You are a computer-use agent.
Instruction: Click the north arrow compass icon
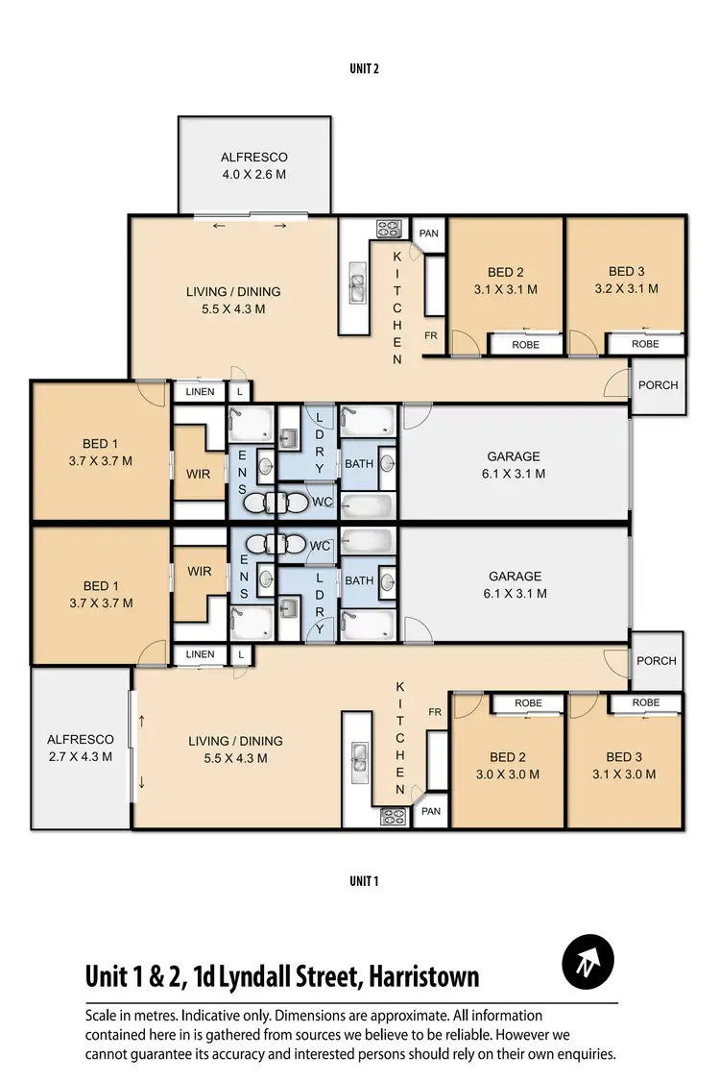[x=588, y=962]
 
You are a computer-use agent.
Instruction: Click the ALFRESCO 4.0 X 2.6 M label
[x=254, y=165]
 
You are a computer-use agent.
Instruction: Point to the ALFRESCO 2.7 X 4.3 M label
[x=81, y=748]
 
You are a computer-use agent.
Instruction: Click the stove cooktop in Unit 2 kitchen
[x=389, y=229]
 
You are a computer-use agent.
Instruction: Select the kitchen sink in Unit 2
[x=357, y=287]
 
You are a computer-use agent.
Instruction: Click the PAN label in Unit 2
[x=427, y=233]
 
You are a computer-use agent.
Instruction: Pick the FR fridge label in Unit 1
[x=435, y=712]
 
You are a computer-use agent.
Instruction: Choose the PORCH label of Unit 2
[x=658, y=385]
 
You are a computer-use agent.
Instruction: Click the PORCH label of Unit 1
[x=657, y=661]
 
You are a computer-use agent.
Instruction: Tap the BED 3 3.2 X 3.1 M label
[x=626, y=280]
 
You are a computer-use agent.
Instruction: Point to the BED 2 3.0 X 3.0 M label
[x=507, y=765]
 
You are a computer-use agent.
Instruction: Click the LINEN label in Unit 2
[x=200, y=392]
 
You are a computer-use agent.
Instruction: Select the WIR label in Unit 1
[x=200, y=572]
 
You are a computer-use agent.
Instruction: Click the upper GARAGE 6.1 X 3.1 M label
[x=515, y=465]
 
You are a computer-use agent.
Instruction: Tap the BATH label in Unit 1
[x=359, y=580]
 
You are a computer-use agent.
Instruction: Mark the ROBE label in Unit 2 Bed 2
[x=525, y=344]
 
